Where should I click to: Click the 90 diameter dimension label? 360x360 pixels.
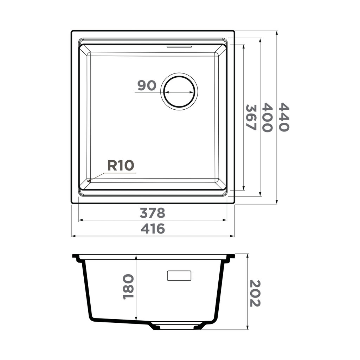coord(147,85)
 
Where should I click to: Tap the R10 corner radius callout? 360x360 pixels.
coord(121,165)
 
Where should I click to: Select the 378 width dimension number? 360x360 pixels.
coord(152,213)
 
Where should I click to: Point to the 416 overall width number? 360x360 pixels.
coord(153,229)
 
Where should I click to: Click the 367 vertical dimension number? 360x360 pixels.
coord(251,117)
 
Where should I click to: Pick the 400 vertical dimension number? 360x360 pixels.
coord(267,117)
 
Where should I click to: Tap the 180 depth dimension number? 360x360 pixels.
coord(129,287)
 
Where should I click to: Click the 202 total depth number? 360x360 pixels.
coord(255,293)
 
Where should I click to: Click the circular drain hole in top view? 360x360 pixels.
coord(179,92)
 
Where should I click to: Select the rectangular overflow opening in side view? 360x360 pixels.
coord(179,276)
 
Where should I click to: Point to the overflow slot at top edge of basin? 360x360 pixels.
coord(179,46)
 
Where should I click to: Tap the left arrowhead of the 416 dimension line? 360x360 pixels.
coord(73,236)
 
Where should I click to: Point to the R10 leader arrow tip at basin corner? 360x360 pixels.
coord(89,181)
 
